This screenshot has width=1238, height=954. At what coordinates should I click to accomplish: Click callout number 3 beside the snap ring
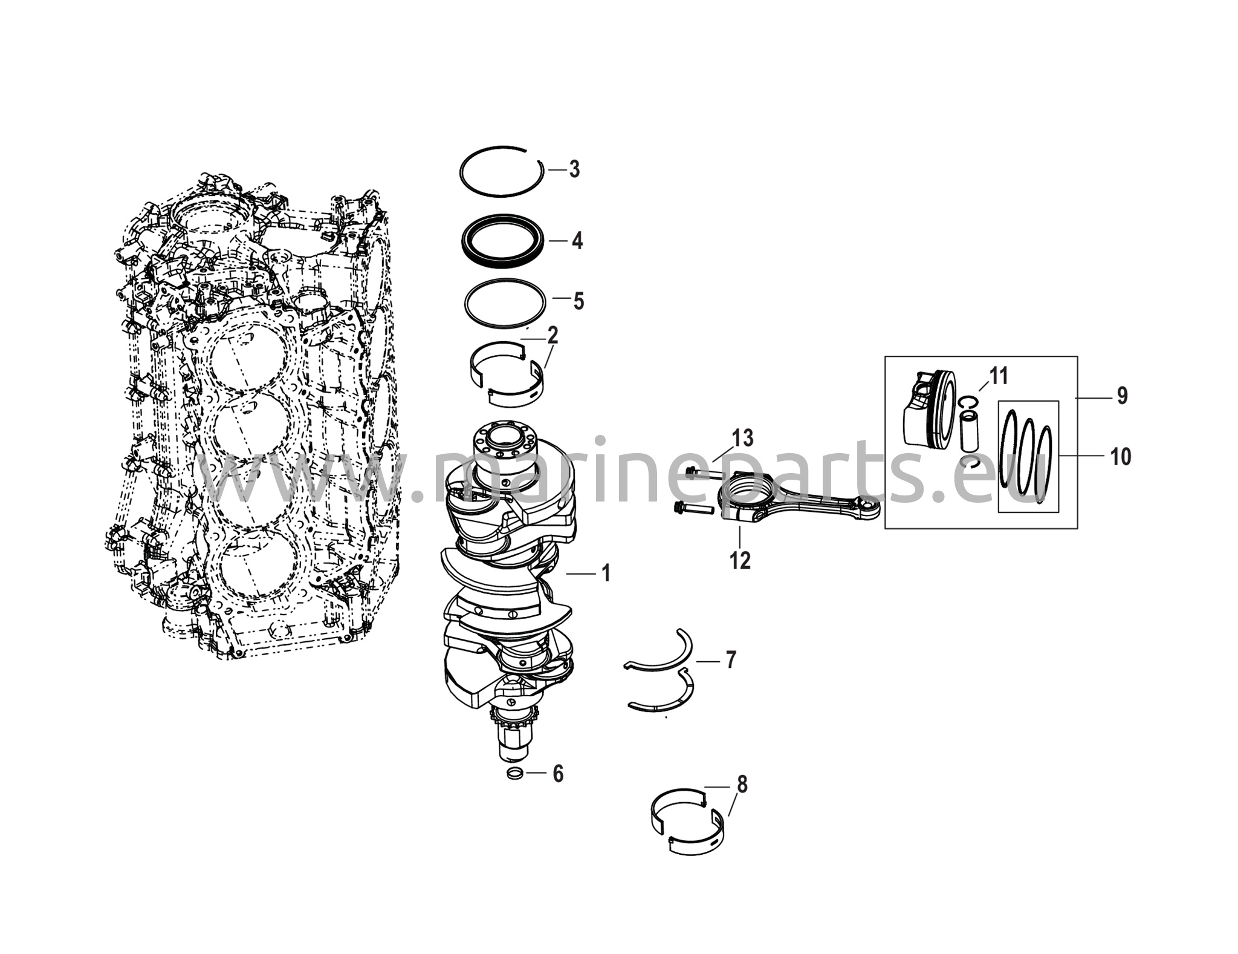click(574, 169)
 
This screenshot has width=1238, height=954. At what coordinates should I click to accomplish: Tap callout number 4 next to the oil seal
click(577, 241)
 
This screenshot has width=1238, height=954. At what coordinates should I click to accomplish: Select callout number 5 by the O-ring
click(578, 301)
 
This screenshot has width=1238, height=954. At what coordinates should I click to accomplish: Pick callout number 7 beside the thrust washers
click(731, 660)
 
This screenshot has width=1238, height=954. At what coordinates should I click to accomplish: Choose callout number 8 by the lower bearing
click(742, 785)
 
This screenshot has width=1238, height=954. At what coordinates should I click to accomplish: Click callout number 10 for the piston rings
click(1121, 457)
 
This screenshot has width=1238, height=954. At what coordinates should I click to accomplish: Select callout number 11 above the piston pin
click(999, 376)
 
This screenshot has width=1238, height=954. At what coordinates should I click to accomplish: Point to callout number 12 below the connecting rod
click(740, 561)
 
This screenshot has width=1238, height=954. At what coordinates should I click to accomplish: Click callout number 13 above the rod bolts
click(743, 437)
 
